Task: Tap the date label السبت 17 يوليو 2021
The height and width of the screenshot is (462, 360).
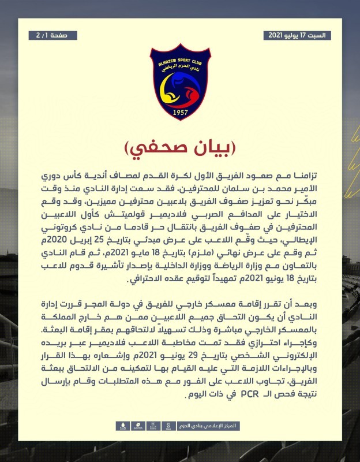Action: [x=297, y=35]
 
